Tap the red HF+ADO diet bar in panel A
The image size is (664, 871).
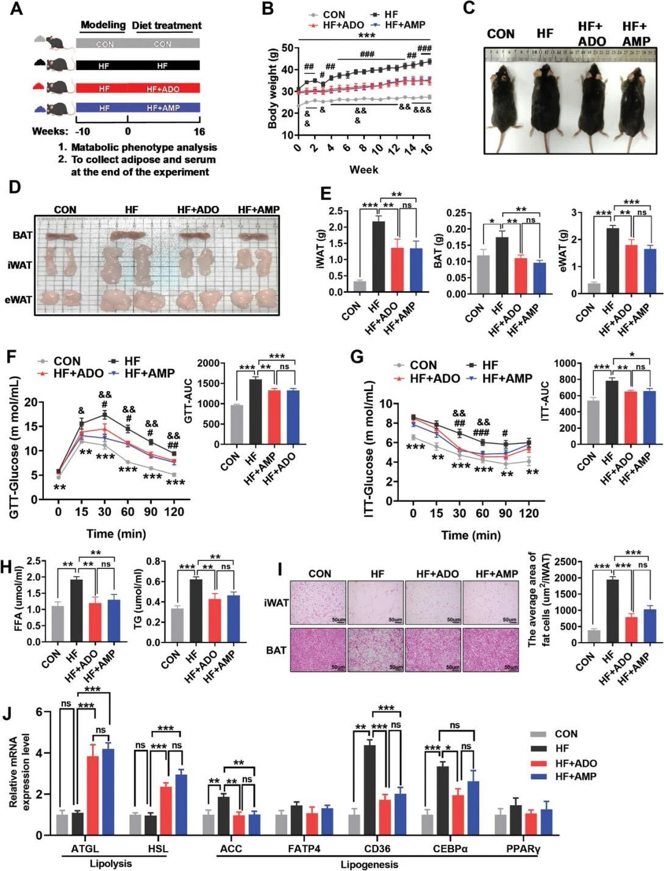138,88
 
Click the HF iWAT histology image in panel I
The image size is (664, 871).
376,602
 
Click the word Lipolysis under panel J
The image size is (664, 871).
110,864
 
